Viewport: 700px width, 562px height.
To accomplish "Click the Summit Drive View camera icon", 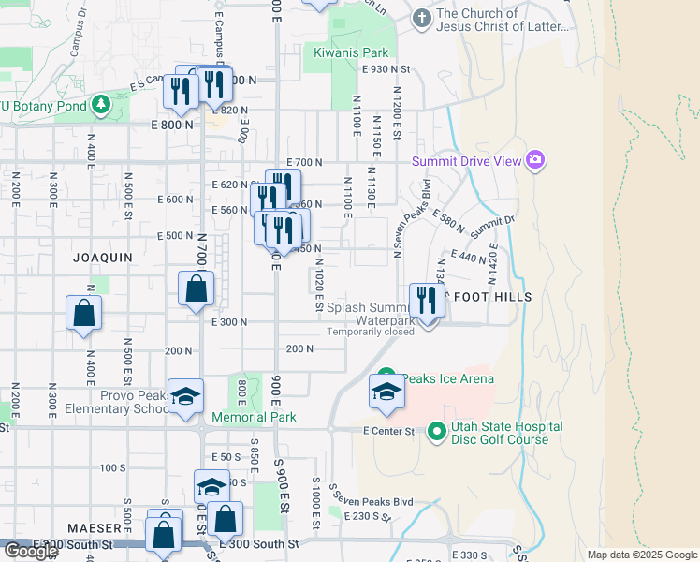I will point(535,161).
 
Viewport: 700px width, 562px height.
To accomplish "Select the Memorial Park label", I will point(254,417).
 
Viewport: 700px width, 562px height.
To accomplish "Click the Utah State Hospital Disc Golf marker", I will point(436,432).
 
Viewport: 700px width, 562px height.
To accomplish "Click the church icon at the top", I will point(422,18).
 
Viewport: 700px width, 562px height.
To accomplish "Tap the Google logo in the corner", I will point(30,551).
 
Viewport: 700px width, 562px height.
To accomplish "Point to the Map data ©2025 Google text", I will point(642,555).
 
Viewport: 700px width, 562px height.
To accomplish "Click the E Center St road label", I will point(388,431).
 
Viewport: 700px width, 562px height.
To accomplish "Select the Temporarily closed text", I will point(371,332).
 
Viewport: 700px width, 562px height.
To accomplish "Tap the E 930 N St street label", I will point(386,69).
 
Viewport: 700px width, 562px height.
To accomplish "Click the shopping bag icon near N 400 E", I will point(83,314).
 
